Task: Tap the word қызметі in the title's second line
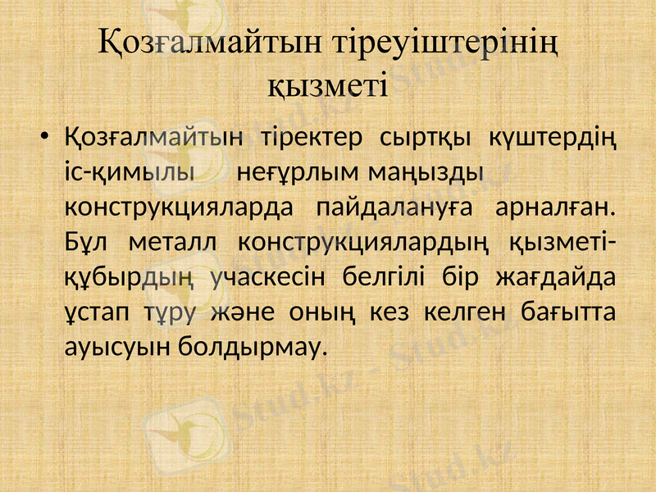tap(328, 85)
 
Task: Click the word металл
tap(171, 244)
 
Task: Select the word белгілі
tap(380, 279)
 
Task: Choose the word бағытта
tap(567, 313)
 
